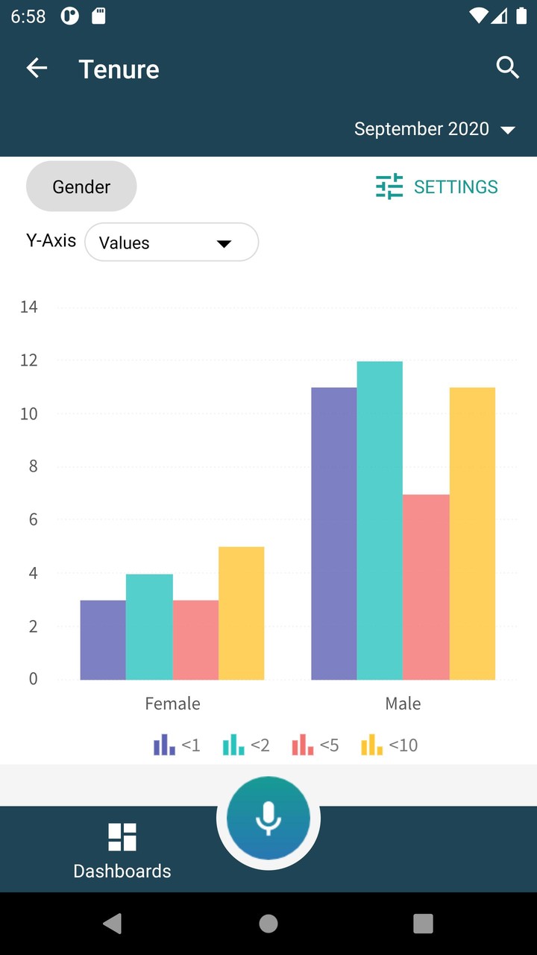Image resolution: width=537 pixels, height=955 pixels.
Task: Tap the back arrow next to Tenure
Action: [37, 69]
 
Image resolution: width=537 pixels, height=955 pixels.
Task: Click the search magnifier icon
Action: [507, 68]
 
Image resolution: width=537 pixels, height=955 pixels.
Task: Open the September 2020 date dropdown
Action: [435, 129]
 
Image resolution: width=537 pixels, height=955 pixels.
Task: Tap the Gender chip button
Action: [81, 187]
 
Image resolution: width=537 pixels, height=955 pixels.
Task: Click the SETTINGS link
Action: [437, 187]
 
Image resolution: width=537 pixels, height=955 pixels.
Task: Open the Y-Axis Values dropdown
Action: [172, 242]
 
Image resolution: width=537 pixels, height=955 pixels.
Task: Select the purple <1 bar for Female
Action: [103, 640]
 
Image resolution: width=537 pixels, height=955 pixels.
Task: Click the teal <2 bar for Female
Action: [149, 627]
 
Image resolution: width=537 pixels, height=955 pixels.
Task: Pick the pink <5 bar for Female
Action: [195, 640]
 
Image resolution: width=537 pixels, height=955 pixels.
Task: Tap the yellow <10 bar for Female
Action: [241, 613]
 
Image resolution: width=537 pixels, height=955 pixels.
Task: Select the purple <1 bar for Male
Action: [333, 533]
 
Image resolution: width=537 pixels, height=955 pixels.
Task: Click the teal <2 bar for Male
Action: [380, 520]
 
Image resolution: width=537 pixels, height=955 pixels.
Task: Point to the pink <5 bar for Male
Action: [426, 587]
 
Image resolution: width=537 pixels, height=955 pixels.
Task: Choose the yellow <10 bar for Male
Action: [472, 533]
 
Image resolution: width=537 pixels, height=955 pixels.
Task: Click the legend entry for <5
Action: [315, 745]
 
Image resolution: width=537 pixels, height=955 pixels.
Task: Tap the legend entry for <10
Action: [389, 745]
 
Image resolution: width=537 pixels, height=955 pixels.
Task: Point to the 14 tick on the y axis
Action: [29, 307]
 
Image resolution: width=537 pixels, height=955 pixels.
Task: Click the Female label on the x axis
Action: [172, 704]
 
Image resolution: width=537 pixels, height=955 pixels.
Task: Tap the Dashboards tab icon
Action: [122, 837]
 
